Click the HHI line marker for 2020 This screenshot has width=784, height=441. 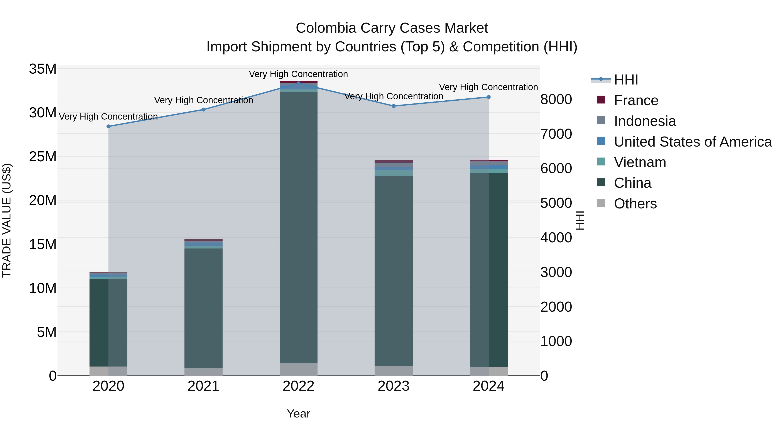108,126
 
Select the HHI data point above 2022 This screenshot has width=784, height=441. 298,83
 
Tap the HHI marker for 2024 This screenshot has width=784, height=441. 488,97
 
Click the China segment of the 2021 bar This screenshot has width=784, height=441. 203,307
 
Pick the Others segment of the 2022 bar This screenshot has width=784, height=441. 298,369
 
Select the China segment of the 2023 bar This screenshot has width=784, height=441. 393,271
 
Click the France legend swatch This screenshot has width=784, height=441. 601,100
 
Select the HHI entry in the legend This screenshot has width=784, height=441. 626,80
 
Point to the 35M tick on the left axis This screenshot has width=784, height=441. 43,69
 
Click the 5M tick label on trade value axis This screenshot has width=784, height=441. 47,332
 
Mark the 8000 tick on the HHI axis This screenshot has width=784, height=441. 556,100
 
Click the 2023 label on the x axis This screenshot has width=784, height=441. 393,386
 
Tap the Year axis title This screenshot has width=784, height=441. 298,414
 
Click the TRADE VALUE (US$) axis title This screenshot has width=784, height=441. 7,220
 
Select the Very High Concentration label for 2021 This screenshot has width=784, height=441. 203,100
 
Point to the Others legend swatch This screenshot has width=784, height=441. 601,203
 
